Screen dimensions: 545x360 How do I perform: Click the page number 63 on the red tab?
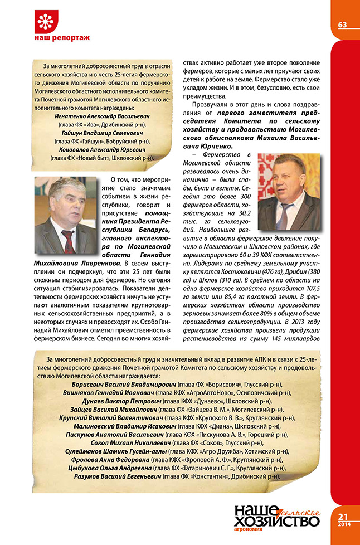tap(342, 25)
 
